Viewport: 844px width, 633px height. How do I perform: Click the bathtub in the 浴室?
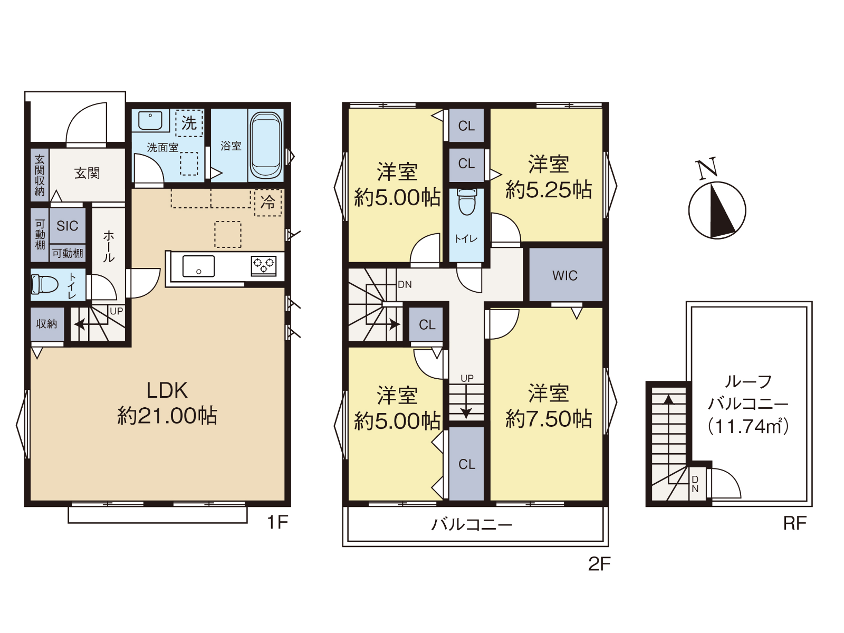[x=266, y=145]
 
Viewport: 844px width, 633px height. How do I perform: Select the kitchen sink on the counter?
[x=198, y=266]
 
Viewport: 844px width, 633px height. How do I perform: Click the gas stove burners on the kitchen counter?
[x=263, y=265]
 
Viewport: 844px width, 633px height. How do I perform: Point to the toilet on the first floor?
[x=45, y=284]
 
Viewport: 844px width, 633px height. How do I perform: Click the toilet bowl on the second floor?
[x=467, y=202]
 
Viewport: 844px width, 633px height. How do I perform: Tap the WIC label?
[x=564, y=275]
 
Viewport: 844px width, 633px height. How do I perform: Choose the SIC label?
[x=68, y=226]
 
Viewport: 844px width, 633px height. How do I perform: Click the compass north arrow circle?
[x=717, y=210]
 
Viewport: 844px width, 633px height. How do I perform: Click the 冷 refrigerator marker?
[x=268, y=202]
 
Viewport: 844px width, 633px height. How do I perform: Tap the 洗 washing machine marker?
[x=189, y=123]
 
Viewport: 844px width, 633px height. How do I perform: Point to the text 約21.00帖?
[x=167, y=416]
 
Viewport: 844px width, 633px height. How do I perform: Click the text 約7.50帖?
[x=548, y=419]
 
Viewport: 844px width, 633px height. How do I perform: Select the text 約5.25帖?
[x=548, y=190]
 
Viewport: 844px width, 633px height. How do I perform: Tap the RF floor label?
[x=795, y=523]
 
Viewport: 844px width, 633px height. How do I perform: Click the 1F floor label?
[x=277, y=522]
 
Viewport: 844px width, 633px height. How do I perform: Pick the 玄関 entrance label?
[x=87, y=173]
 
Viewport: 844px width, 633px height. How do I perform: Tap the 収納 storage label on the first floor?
[x=46, y=324]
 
